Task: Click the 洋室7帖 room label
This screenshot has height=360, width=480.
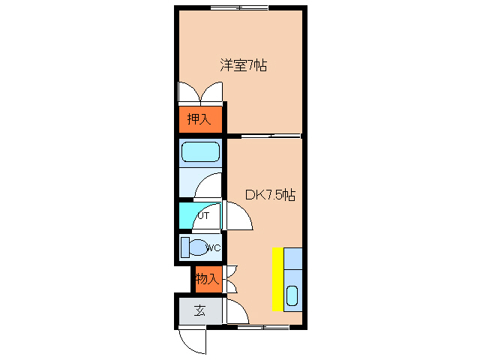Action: coord(244,66)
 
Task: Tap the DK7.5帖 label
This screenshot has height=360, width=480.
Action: coord(270,195)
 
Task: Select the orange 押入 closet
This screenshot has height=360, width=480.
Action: coord(200,118)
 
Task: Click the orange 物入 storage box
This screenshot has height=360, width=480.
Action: coord(206,279)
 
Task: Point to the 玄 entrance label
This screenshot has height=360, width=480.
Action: coord(200,310)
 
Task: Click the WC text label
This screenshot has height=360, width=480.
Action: coord(213,247)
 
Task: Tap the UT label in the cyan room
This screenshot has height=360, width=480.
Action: coord(202,216)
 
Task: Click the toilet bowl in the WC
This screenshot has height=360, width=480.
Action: coord(196,247)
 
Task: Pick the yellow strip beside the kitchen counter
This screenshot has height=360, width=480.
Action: coord(277,278)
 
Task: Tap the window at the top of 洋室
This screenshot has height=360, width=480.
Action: coord(240,7)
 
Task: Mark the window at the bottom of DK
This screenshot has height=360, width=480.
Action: coord(262,327)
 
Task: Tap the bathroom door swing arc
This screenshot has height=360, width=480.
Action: coord(209,186)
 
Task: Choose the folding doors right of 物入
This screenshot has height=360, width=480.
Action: coord(231,279)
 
